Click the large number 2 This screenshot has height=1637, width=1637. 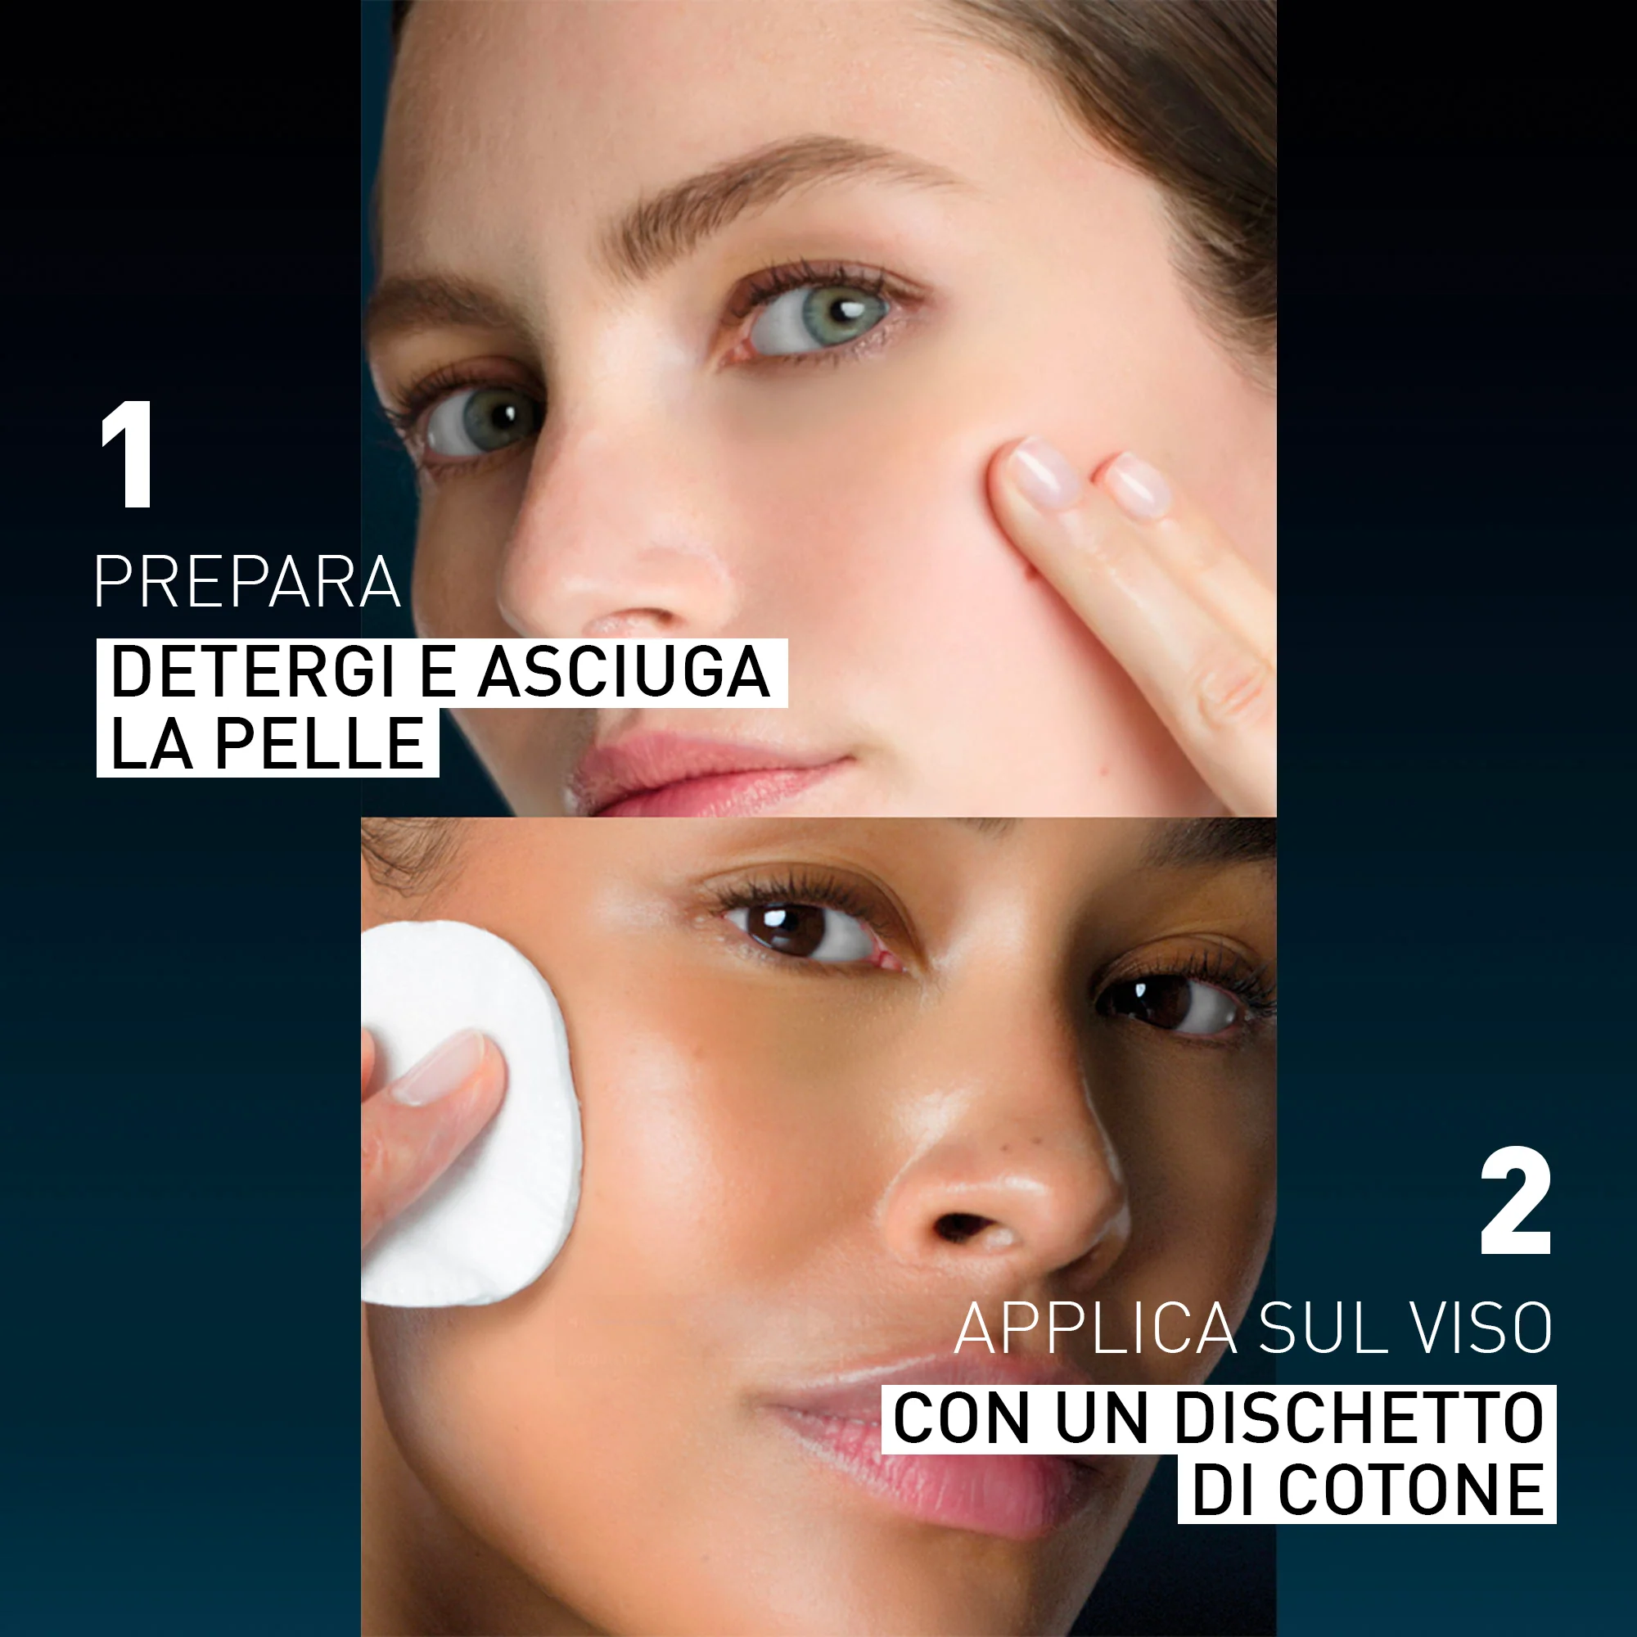coord(1516,1202)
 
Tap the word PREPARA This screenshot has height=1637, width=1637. coord(246,582)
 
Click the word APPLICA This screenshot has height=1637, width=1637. coord(1094,1329)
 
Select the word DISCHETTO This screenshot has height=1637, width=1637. coord(1359,1418)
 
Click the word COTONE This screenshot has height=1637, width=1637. coord(1411,1490)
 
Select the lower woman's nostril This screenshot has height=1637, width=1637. coord(962,1224)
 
